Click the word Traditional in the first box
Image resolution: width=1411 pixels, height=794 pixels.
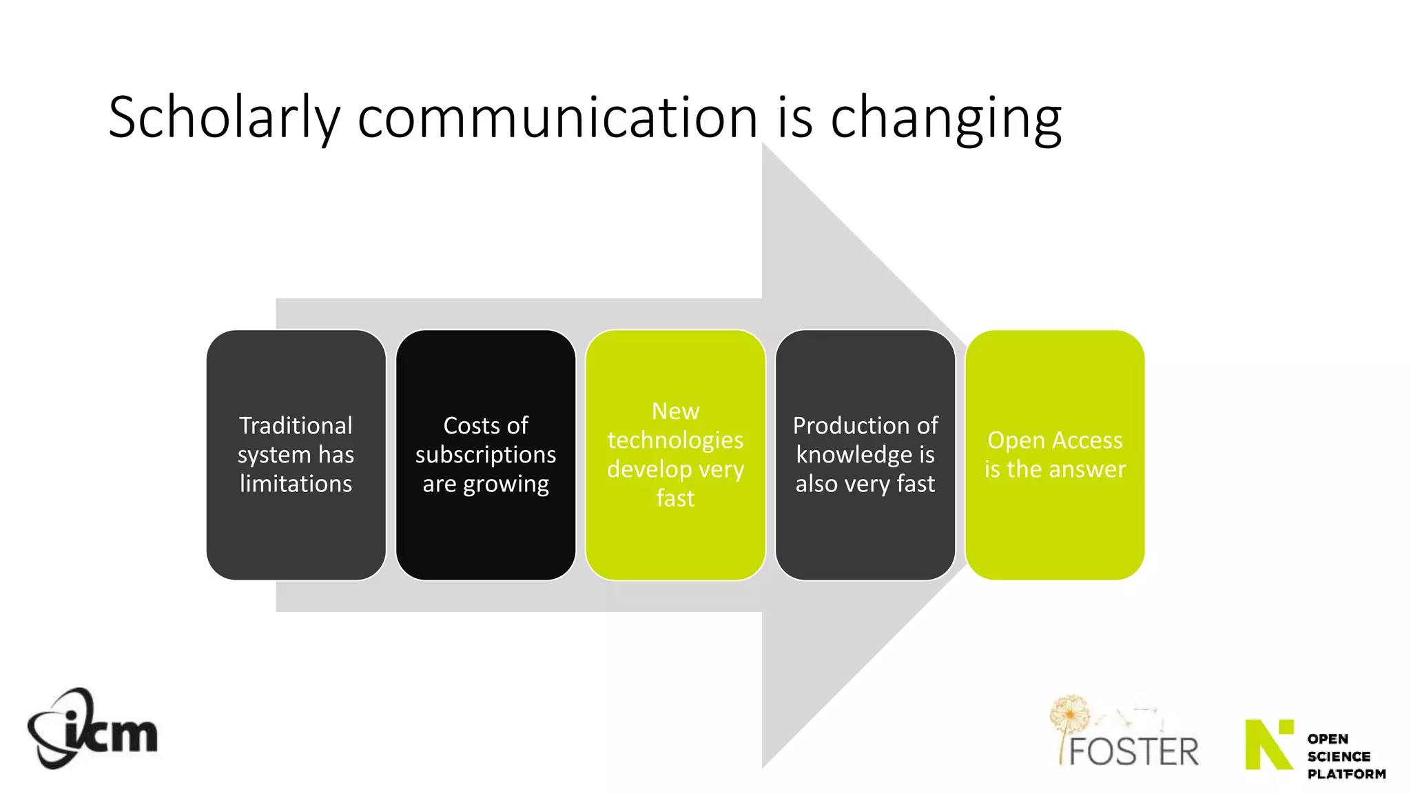click(x=296, y=425)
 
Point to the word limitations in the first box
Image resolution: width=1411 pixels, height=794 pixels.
click(x=296, y=483)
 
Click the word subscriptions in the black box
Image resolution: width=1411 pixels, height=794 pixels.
click(x=486, y=455)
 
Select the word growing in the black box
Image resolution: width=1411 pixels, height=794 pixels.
click(x=506, y=485)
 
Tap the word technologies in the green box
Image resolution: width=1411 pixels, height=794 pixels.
click(x=675, y=440)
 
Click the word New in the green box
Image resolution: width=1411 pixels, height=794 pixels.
click(x=675, y=411)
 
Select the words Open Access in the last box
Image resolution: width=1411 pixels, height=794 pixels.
click(x=1055, y=440)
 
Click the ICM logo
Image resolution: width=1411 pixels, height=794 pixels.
click(x=92, y=729)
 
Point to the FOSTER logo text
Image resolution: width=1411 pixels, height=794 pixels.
click(x=1133, y=751)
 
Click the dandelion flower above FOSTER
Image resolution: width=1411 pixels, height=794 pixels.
click(x=1069, y=713)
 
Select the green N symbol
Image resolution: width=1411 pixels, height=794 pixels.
click(x=1268, y=744)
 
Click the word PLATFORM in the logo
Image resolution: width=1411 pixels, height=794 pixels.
click(x=1346, y=774)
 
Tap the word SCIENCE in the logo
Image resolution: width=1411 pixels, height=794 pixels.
click(x=1339, y=757)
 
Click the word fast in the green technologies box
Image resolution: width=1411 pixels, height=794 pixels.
click(x=675, y=498)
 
